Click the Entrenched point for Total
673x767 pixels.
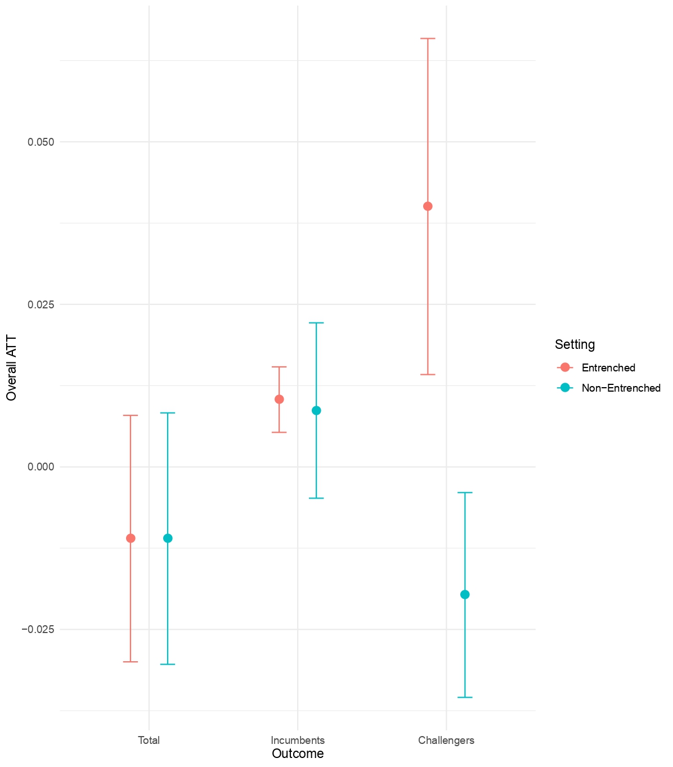(131, 538)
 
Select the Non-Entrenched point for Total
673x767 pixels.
(168, 538)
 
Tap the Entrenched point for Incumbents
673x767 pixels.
(279, 400)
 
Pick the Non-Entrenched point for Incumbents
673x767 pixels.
(316, 410)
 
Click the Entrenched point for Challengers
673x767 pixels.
(428, 206)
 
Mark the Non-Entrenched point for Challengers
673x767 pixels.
(465, 594)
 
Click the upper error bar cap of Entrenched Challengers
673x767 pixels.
(428, 38)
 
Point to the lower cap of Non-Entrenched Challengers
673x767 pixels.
(465, 697)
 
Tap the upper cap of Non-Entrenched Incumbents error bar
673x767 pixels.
(316, 323)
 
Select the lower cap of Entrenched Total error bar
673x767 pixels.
(131, 662)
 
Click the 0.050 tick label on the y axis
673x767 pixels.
(41, 142)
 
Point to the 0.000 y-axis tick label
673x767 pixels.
(41, 467)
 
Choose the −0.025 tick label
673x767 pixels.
(38, 629)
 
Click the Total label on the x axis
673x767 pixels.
(149, 740)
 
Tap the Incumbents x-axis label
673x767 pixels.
(298, 740)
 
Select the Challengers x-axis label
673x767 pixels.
(446, 740)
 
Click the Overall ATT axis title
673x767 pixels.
(11, 368)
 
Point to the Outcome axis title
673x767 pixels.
(298, 754)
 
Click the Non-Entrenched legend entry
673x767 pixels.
(621, 388)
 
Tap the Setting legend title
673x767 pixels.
(575, 344)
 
